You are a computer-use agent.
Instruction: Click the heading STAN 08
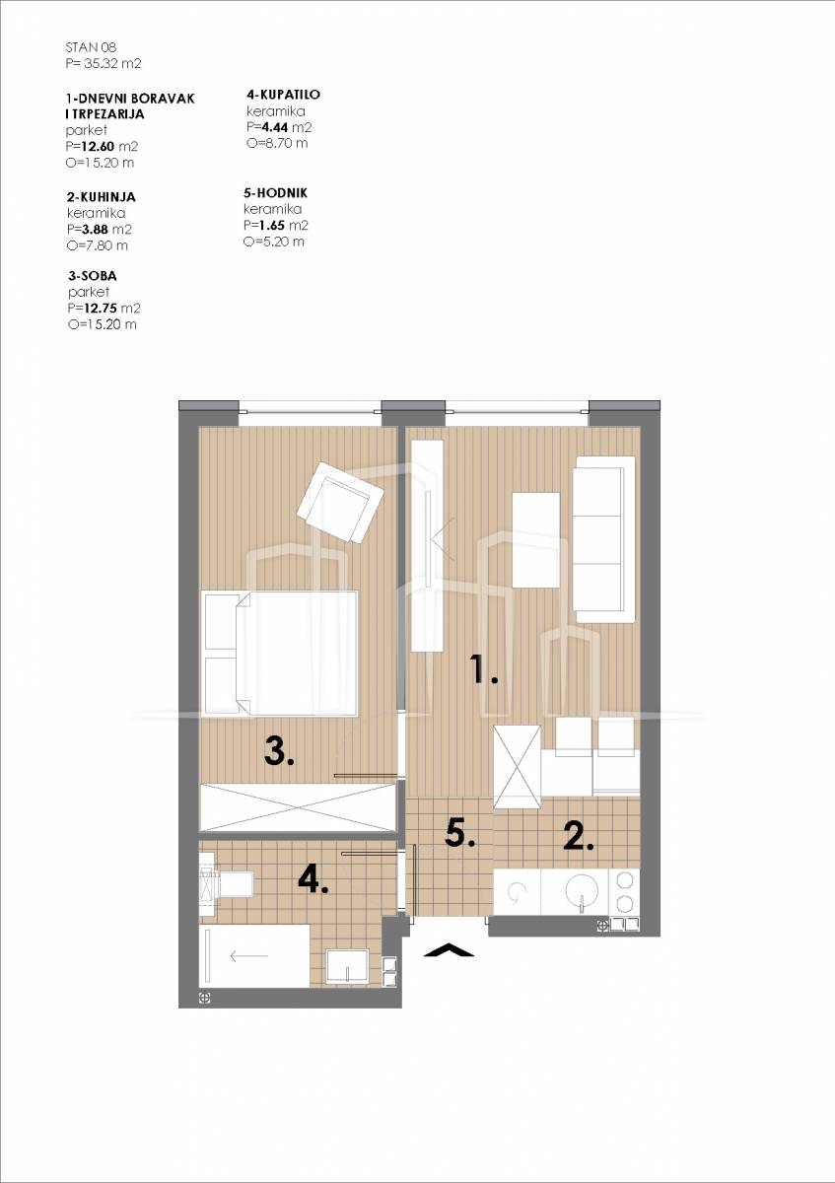tap(91, 47)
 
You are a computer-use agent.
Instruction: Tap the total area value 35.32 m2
tap(112, 64)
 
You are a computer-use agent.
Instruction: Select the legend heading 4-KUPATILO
tap(284, 95)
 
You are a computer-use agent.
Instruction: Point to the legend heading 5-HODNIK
tap(275, 193)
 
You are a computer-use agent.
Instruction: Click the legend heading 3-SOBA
tap(93, 276)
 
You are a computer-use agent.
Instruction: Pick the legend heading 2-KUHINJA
tap(102, 197)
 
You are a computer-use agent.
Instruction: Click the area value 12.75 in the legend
tap(101, 309)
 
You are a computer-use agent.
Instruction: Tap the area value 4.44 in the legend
tap(275, 127)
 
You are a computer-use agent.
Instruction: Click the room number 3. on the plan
tap(279, 751)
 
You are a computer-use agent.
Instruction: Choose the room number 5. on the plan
tap(460, 834)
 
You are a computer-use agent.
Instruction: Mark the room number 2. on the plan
tap(579, 836)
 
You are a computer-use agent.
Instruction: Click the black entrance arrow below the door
tap(449, 949)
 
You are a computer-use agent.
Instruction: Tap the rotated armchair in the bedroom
tap(340, 502)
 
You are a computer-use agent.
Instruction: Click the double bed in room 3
tap(280, 653)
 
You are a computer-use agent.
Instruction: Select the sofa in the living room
tap(604, 539)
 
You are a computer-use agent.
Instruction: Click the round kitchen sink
tap(582, 891)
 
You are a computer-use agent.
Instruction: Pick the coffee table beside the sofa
tap(536, 539)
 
